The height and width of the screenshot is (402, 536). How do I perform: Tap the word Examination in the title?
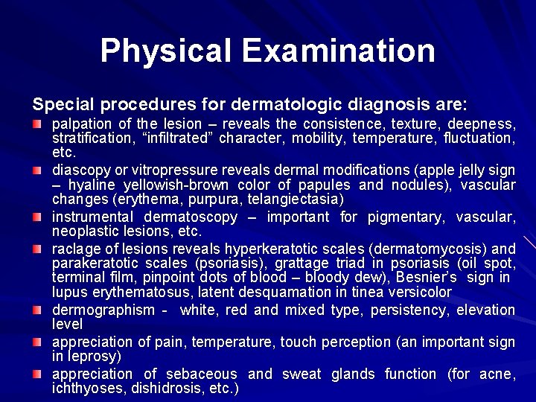click(x=338, y=51)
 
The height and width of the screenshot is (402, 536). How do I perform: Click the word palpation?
click(x=82, y=124)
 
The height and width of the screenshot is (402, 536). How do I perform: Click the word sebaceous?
click(x=201, y=374)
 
